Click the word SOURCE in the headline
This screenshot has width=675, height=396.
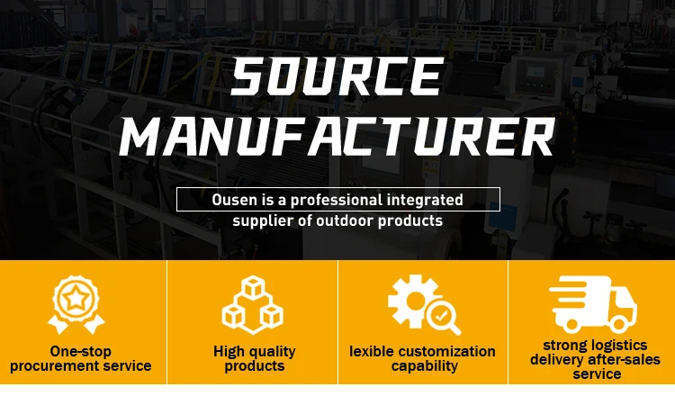[337, 78]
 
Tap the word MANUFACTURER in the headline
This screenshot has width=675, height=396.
[337, 139]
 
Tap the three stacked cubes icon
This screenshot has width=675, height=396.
[253, 303]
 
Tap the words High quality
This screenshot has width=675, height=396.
[254, 352]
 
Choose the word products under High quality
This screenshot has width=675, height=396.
[254, 366]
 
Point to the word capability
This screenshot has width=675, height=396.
[424, 366]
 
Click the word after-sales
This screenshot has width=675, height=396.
[625, 360]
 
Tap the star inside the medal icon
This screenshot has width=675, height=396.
[77, 296]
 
